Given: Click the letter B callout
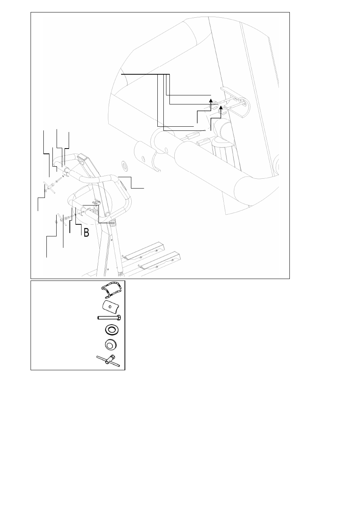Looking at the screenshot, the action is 86,233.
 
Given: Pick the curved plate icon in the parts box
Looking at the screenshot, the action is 111,307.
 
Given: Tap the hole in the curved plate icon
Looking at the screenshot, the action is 110,307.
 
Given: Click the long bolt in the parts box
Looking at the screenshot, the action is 109,318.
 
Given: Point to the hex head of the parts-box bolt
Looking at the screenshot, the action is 118,318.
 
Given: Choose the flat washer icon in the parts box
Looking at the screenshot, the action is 112,330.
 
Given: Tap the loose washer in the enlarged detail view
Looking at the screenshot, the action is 125,165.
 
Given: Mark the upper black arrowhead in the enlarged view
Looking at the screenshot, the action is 211,101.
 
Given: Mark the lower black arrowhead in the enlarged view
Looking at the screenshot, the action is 221,107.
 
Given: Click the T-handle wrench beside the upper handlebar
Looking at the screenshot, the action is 50,188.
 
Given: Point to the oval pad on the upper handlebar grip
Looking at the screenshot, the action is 124,186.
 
